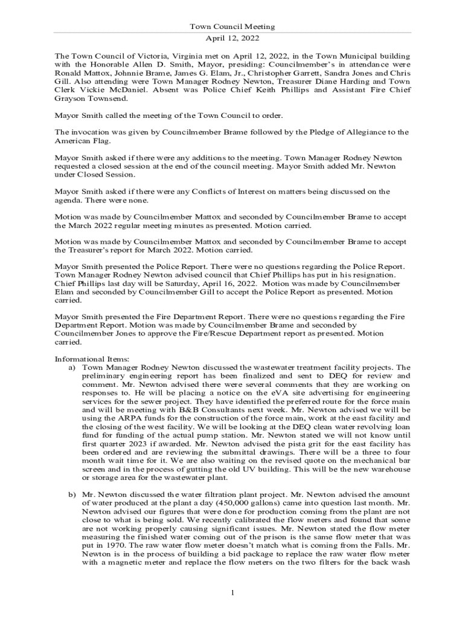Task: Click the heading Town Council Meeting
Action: click(x=232, y=27)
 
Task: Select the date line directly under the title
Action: click(x=232, y=37)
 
